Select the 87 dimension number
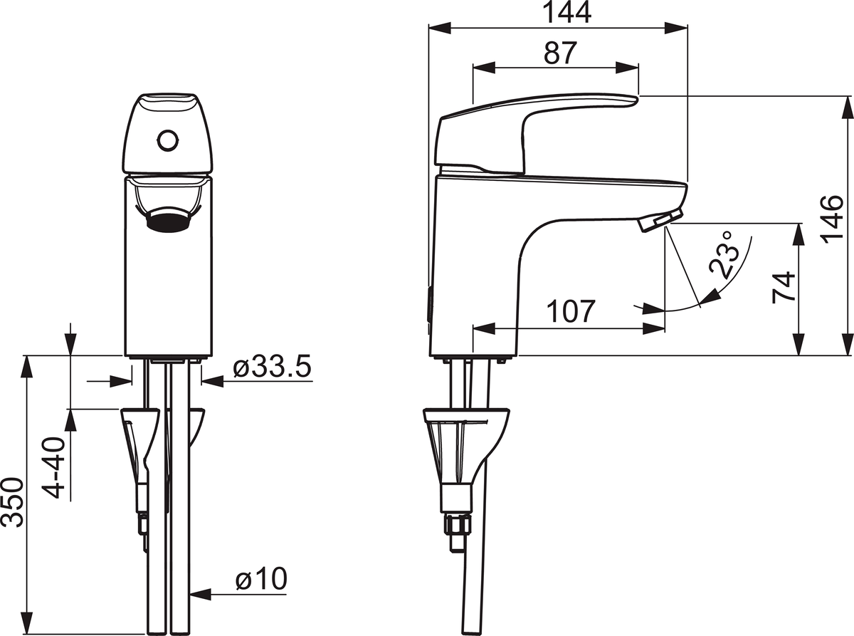coord(560,53)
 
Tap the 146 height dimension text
coord(833,219)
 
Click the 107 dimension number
coord(571,311)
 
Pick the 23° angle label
coord(723,255)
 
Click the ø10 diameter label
coord(261,578)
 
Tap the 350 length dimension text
coord(12,502)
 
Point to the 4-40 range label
coord(53,468)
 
